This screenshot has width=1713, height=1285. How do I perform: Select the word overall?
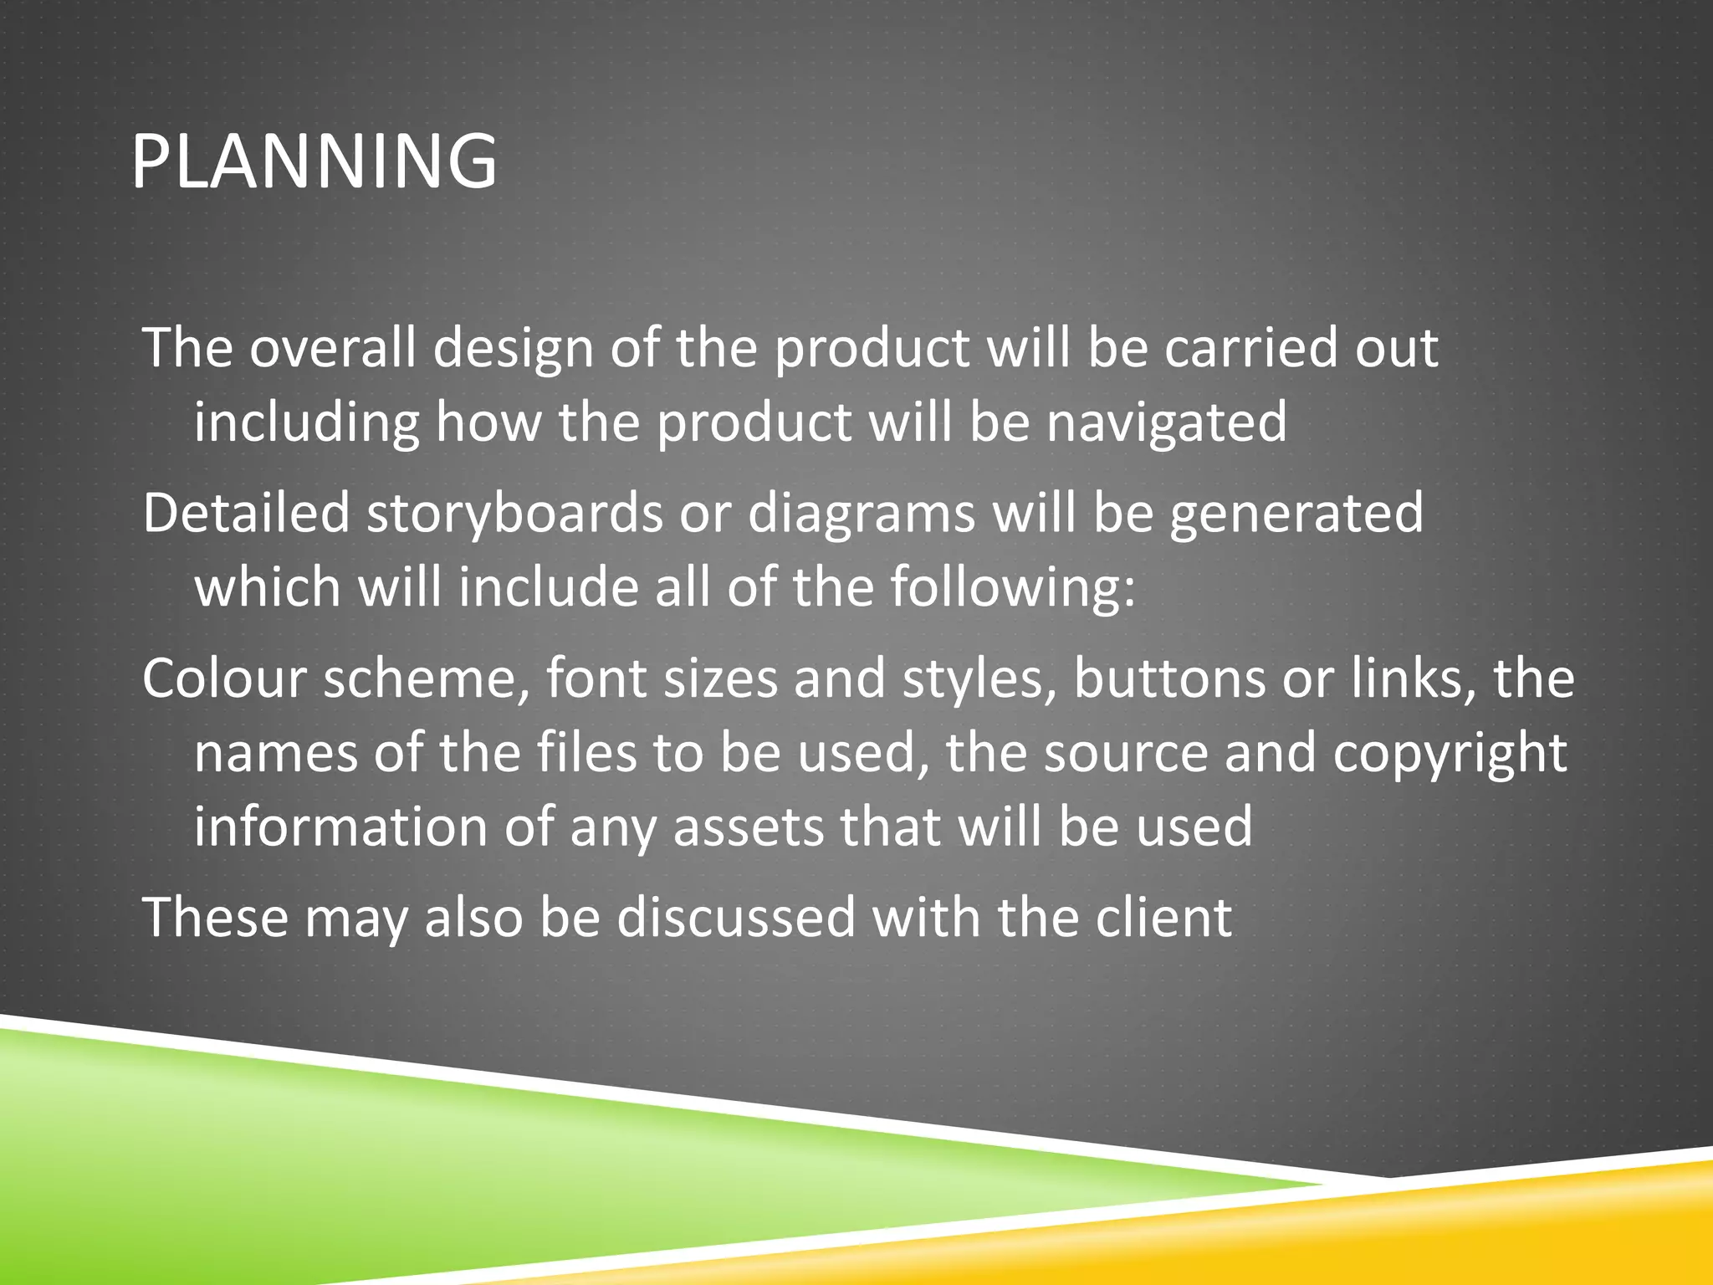(332, 347)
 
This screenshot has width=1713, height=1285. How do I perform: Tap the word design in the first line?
(513, 349)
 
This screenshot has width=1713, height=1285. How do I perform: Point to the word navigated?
(1167, 422)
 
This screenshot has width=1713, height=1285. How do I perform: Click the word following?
(1012, 588)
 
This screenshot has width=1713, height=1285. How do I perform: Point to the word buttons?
(1169, 678)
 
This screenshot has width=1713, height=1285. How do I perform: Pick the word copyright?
(1450, 754)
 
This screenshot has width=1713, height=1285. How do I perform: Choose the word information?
(340, 827)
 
